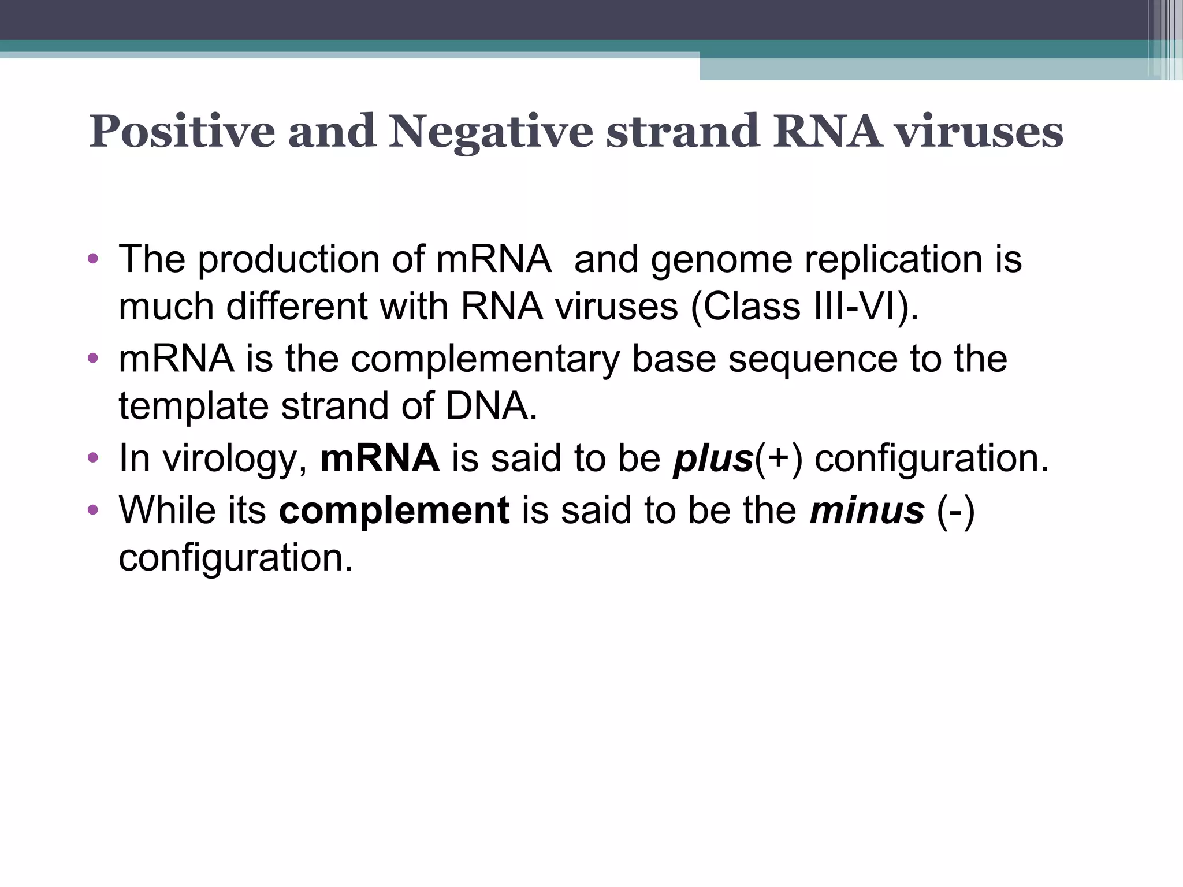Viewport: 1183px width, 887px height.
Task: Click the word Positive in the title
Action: [x=182, y=132]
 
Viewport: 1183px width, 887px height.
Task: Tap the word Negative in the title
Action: [x=490, y=132]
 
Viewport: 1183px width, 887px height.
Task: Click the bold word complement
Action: [x=394, y=510]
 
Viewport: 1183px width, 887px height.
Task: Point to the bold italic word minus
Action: [x=866, y=510]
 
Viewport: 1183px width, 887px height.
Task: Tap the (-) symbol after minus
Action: [x=955, y=510]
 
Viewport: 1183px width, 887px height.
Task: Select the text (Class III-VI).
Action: [x=805, y=307]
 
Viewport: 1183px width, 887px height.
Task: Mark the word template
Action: [x=194, y=406]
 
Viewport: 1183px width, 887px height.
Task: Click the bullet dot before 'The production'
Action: [x=93, y=258]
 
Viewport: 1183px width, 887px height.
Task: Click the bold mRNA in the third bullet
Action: [x=380, y=459]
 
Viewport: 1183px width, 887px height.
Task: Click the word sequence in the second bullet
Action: [x=812, y=359]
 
